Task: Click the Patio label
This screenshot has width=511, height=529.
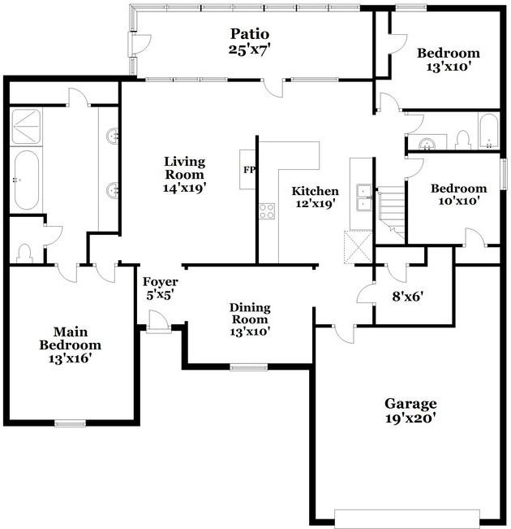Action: click(249, 34)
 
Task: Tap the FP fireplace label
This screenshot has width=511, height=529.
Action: click(248, 170)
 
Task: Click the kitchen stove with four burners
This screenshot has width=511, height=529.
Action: click(267, 211)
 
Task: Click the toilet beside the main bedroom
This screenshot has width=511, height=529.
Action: click(24, 254)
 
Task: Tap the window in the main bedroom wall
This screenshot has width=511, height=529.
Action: click(70, 423)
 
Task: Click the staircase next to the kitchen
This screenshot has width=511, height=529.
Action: click(392, 210)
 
